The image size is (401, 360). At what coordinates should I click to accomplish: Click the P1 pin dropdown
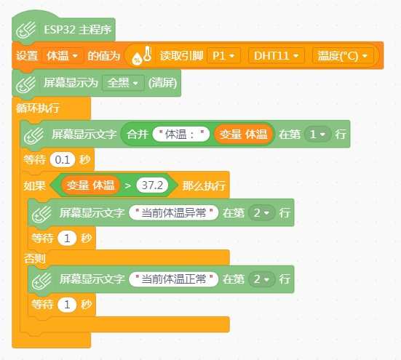tap(223, 55)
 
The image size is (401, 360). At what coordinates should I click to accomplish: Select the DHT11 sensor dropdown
tap(277, 55)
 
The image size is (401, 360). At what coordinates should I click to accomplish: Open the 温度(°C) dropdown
tap(343, 55)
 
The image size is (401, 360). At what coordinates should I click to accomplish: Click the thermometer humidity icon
tap(142, 55)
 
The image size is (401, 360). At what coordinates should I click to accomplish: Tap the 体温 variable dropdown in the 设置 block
tap(63, 55)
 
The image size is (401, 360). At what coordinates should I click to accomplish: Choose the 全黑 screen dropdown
tap(123, 83)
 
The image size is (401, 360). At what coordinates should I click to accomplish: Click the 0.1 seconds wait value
tap(63, 160)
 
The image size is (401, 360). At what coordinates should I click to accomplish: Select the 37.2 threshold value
tap(152, 185)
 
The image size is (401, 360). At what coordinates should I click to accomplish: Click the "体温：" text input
tap(181, 134)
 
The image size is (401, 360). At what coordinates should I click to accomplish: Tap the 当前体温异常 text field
tap(174, 212)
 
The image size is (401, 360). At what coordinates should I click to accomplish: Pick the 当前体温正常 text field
tap(174, 279)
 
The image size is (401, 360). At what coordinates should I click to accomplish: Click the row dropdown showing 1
tap(318, 134)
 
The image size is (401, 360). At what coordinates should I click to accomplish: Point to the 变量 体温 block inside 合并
tap(243, 134)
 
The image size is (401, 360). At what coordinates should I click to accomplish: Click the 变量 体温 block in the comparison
tap(90, 185)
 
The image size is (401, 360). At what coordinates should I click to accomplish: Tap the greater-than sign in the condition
tap(128, 185)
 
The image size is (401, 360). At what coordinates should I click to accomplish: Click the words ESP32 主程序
tap(78, 30)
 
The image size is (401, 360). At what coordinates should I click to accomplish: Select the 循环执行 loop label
tap(38, 108)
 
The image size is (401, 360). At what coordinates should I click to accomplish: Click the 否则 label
tap(34, 258)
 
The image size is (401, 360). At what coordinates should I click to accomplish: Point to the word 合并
tap(138, 134)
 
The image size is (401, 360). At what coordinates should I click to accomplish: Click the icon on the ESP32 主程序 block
tap(26, 30)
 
